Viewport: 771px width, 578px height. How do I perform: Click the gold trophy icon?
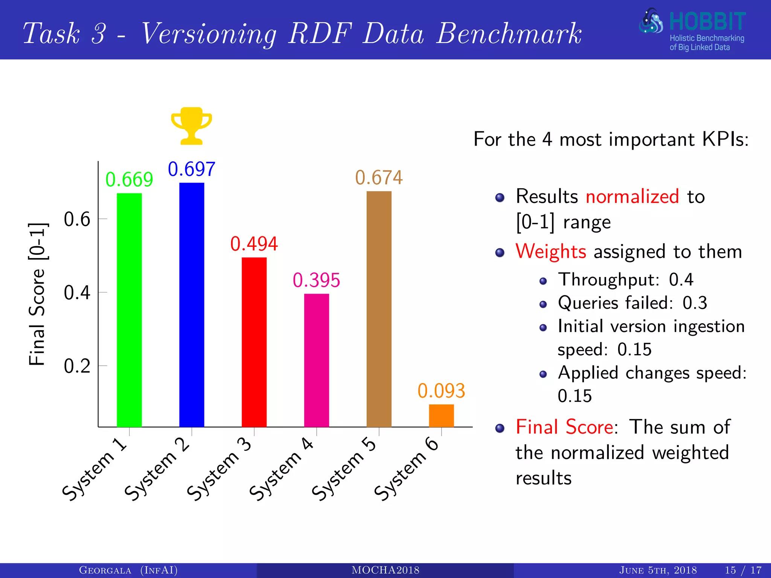[192, 126]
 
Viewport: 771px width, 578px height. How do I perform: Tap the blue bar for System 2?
[192, 304]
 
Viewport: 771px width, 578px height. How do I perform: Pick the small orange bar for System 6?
[441, 415]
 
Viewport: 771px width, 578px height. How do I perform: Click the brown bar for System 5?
[379, 309]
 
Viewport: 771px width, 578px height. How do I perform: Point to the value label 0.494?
[254, 244]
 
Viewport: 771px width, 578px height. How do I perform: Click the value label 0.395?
[317, 280]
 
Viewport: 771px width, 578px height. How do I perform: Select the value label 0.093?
[441, 391]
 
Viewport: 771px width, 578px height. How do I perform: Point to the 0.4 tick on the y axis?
[77, 292]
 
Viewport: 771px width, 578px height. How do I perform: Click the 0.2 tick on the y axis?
[77, 366]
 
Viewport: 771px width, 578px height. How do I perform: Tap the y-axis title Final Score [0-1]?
[37, 294]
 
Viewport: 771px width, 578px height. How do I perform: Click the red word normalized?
[632, 196]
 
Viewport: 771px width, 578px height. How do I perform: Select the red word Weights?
[551, 251]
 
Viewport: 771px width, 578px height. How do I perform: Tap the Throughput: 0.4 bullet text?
[625, 280]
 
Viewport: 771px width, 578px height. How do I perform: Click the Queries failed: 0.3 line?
[632, 303]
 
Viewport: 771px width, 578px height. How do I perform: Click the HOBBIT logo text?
[707, 22]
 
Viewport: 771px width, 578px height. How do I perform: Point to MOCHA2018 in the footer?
[385, 570]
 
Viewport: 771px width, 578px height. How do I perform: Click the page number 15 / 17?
[743, 570]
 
